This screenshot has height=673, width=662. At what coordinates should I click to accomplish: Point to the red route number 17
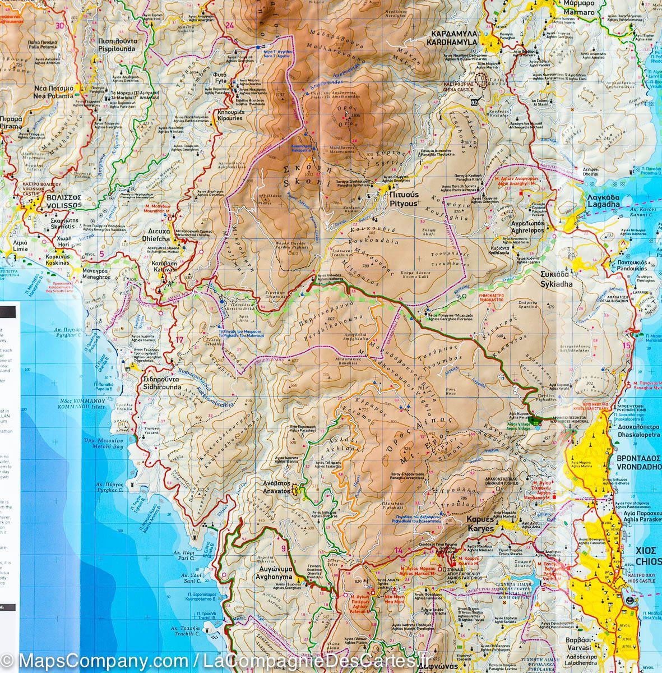pyautogui.click(x=179, y=339)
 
